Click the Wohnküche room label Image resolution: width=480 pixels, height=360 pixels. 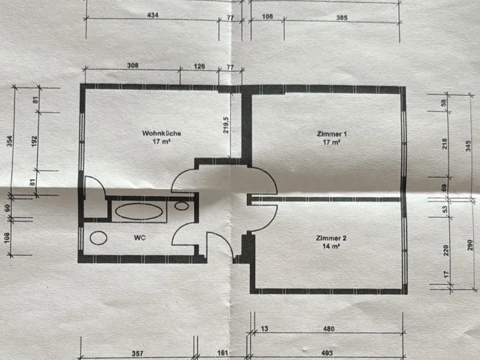pyautogui.click(x=162, y=134)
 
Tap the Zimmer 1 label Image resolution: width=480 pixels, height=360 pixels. pyautogui.click(x=331, y=134)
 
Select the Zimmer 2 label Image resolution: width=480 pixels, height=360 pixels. pyautogui.click(x=331, y=238)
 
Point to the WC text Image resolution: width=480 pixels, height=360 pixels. pyautogui.click(x=140, y=237)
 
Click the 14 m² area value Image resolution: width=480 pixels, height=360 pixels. pyautogui.click(x=331, y=246)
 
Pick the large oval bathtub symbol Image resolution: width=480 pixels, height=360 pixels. pyautogui.click(x=139, y=211)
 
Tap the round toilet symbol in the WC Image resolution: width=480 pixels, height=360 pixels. pyautogui.click(x=99, y=238)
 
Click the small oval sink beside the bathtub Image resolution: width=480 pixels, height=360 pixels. pyautogui.click(x=182, y=206)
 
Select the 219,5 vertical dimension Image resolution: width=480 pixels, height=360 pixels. pyautogui.click(x=226, y=124)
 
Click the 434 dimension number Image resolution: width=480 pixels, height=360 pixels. pyautogui.click(x=153, y=15)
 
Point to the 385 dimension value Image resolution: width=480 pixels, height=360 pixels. pyautogui.click(x=342, y=18)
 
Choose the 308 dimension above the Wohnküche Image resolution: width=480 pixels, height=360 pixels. pyautogui.click(x=132, y=65)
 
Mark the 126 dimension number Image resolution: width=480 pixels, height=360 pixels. pyautogui.click(x=200, y=66)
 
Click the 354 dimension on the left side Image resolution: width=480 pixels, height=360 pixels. pyautogui.click(x=10, y=141)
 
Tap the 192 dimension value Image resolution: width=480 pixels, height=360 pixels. pyautogui.click(x=34, y=141)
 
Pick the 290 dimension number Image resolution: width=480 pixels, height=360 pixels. pyautogui.click(x=470, y=245)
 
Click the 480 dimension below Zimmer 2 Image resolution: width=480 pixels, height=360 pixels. pyautogui.click(x=328, y=328)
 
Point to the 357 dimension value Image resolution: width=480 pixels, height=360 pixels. pyautogui.click(x=137, y=354)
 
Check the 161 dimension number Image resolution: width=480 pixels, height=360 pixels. pyautogui.click(x=223, y=353)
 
